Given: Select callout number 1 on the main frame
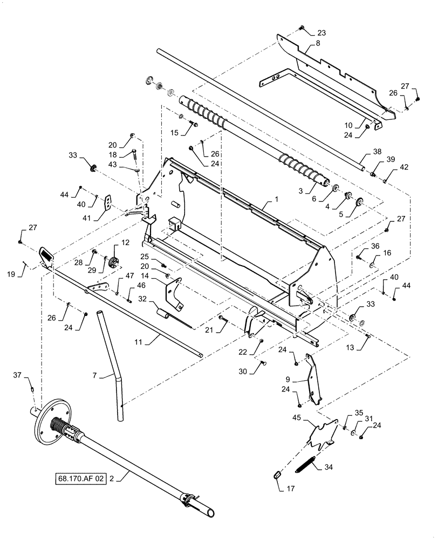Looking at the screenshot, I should (x=277, y=199).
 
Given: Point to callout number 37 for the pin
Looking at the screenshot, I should (x=32, y=375).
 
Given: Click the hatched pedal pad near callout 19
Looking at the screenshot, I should (x=47, y=255).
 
